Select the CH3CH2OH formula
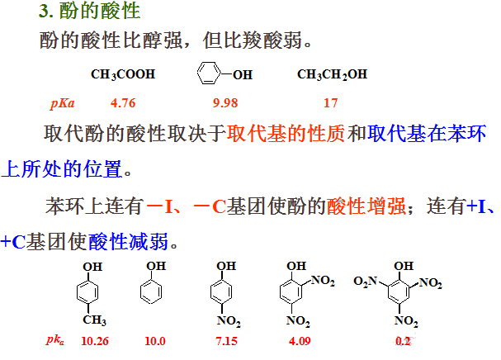332,74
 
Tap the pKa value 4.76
122,103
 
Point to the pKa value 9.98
225,103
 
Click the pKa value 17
330,103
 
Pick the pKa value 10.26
96,340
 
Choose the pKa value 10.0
155,340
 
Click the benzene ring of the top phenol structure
209,74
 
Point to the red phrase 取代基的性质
286,135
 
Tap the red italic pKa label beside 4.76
64,104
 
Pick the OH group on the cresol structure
93,266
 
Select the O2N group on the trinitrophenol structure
365,282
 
